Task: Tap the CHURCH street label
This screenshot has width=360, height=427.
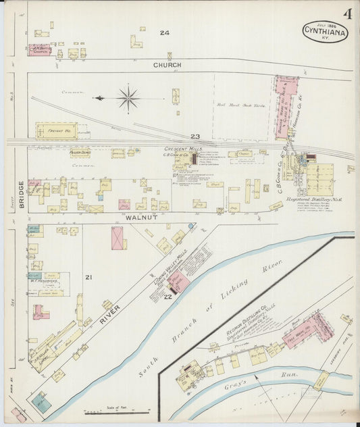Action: coord(167,66)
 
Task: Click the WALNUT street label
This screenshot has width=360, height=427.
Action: coord(142,218)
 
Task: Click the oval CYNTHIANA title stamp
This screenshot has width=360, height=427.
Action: coord(325,31)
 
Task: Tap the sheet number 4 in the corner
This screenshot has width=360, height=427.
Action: coord(346,14)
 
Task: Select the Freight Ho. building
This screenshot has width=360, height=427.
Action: coord(56,130)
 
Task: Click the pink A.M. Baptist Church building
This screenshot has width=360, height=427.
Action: coord(40,49)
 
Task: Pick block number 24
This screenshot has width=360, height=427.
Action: coord(164,32)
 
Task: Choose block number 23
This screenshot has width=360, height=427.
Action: coord(195,136)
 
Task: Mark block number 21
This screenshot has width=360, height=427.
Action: coord(87,277)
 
